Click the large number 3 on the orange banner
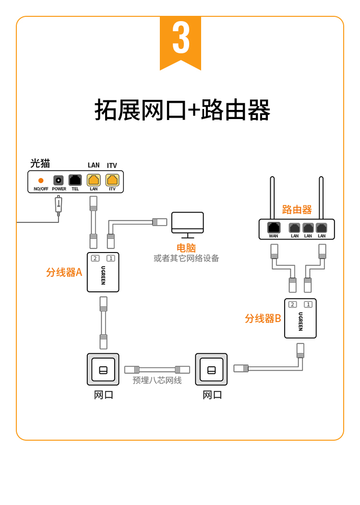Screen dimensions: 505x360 coord(181,38)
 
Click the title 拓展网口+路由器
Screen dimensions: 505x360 coord(182,110)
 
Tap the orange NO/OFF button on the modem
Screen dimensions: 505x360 coord(41,180)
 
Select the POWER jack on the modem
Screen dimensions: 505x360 coord(59,180)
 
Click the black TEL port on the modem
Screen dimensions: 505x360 coord(75,180)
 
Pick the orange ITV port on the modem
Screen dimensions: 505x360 coord(112,180)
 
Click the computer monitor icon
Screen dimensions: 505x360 coord(188,224)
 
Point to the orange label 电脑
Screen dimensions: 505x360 coord(186,248)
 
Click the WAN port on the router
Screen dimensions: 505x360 coord(274,228)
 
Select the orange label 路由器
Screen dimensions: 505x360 coord(297,210)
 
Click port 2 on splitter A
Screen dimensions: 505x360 coord(96,258)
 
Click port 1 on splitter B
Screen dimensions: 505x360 coord(308,304)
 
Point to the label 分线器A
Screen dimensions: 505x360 coord(64,272)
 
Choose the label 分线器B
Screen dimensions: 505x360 coord(263,318)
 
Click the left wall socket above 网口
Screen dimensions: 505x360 coord(103,370)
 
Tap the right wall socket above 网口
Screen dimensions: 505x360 coord(211,370)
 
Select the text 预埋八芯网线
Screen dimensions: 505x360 coord(157,381)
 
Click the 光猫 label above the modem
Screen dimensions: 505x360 coord(40,163)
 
